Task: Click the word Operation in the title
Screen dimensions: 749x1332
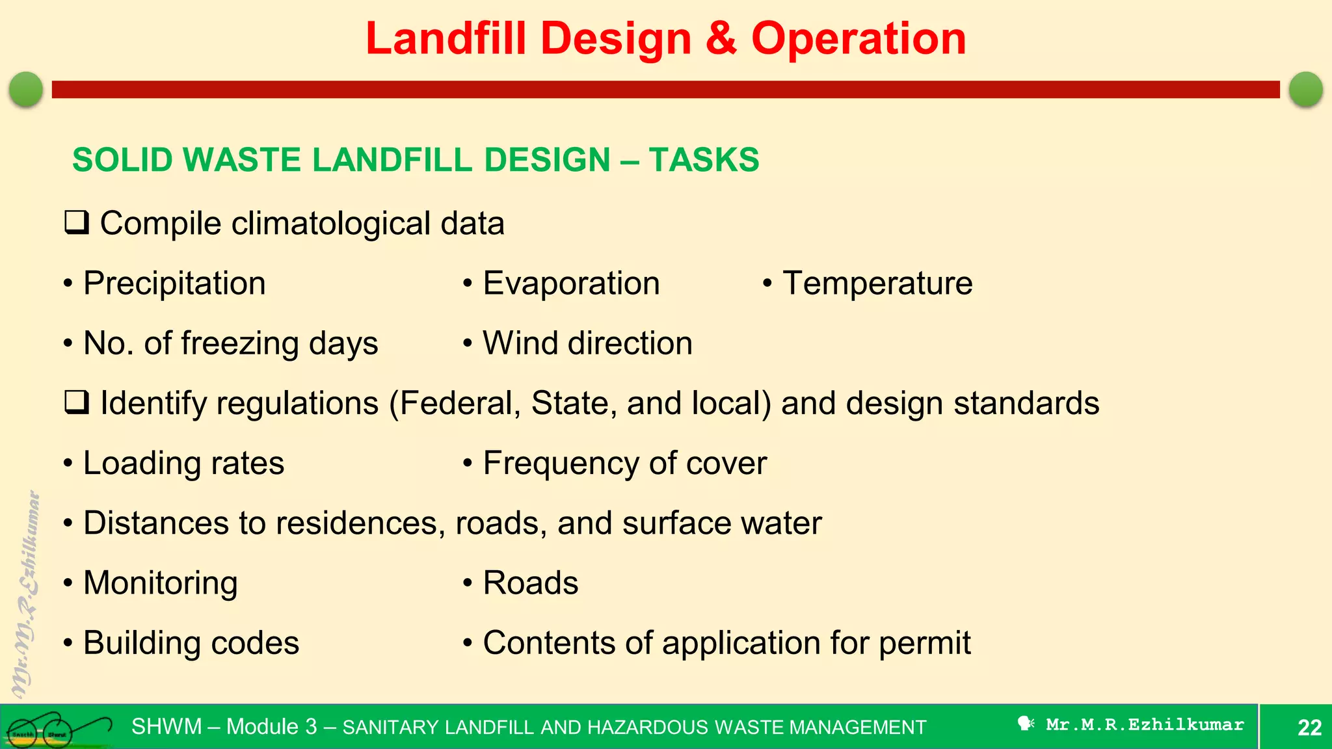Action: (x=859, y=39)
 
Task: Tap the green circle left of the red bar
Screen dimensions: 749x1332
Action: (x=26, y=89)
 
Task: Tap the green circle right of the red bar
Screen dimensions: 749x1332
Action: (x=1305, y=89)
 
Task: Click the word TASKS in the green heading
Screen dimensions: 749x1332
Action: (x=704, y=160)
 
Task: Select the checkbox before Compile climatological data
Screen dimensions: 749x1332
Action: (x=76, y=223)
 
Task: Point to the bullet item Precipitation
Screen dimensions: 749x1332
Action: (x=174, y=283)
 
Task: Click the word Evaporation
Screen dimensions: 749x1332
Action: (x=571, y=283)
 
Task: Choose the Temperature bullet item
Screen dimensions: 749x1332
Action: (x=877, y=283)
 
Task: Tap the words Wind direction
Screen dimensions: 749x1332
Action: (x=587, y=343)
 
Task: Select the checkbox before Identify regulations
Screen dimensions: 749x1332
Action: (x=76, y=403)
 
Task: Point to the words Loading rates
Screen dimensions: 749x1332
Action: (x=183, y=464)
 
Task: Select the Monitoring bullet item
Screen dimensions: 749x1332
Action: (x=160, y=583)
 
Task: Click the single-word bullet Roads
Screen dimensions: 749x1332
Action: (x=530, y=583)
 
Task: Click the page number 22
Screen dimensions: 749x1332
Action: (x=1309, y=727)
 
